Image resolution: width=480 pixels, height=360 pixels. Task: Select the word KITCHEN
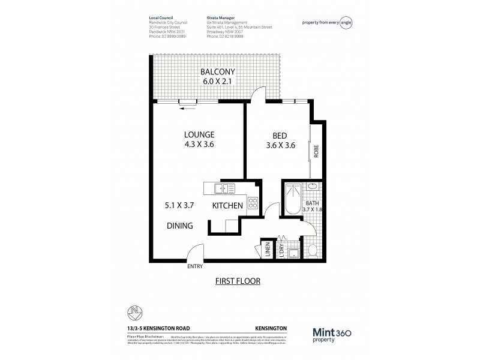[x=227, y=206]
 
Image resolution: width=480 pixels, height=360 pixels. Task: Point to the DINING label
[x=179, y=226]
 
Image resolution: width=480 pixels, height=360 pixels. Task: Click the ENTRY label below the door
[x=195, y=266]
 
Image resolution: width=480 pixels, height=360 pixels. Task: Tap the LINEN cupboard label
[x=268, y=251]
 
